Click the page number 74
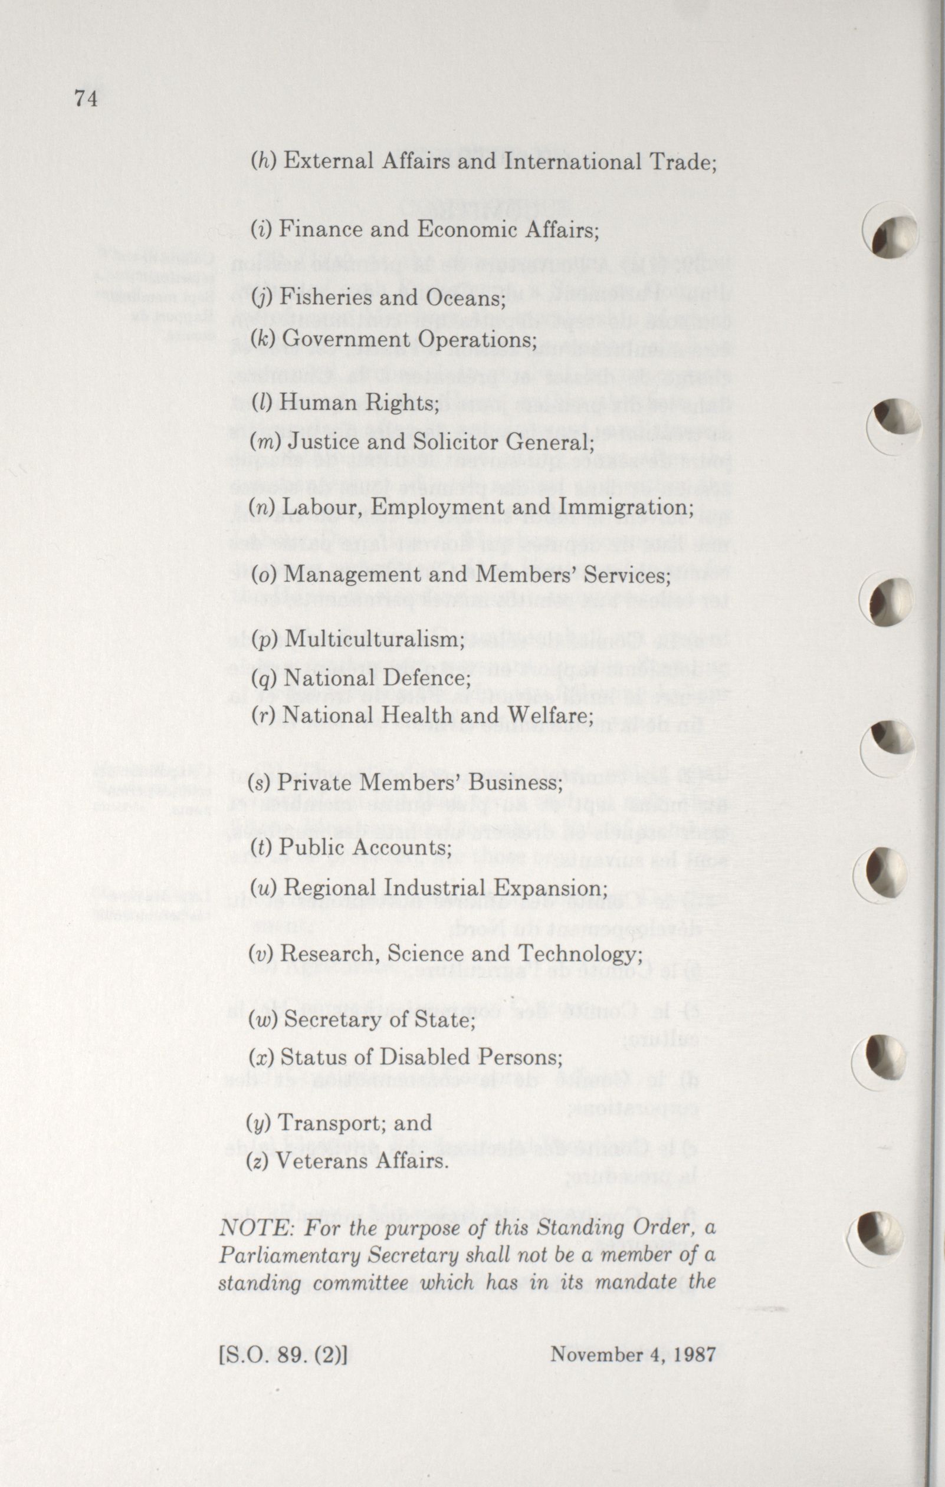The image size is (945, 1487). tap(86, 99)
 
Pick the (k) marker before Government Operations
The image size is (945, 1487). tap(262, 340)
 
